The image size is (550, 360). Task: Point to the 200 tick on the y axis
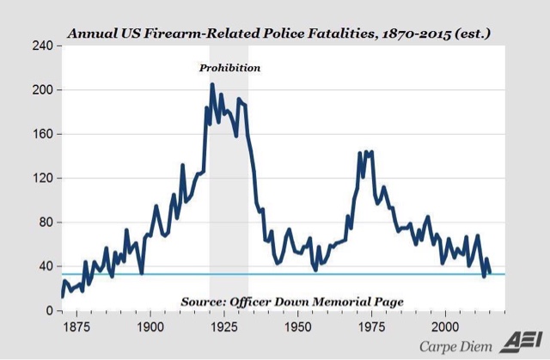(x=43, y=90)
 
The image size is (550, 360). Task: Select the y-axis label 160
(x=43, y=134)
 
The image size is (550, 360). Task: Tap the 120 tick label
(x=43, y=178)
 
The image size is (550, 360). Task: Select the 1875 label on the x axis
(x=76, y=326)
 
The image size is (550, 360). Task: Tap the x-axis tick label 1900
(x=150, y=326)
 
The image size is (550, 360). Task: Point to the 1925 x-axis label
(x=224, y=326)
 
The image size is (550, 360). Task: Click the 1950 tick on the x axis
(x=297, y=326)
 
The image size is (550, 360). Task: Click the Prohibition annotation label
(x=229, y=67)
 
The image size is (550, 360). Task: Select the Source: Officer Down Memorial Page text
(x=292, y=302)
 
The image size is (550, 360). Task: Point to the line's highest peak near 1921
(x=212, y=84)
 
